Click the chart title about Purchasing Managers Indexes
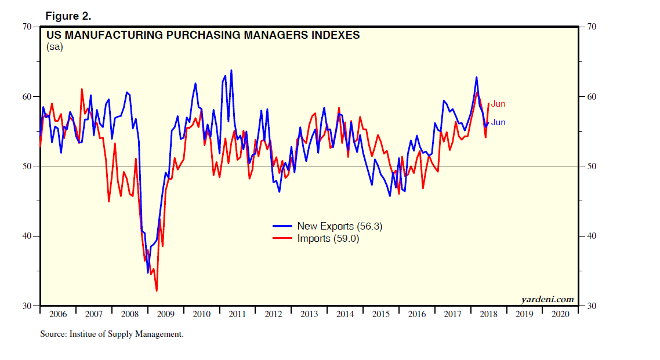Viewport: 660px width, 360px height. point(203,35)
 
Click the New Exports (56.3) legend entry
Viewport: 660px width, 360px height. point(339,226)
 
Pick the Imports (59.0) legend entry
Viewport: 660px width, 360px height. point(328,238)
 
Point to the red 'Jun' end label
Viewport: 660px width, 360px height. point(498,104)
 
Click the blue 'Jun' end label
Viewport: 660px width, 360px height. point(498,122)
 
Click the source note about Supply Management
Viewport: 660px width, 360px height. point(112,334)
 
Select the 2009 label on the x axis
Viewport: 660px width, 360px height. point(166,314)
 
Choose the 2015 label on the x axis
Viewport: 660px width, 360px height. point(380,314)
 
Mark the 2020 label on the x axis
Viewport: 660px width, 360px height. point(560,314)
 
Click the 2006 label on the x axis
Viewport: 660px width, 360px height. point(58,314)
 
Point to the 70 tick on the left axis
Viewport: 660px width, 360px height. point(28,27)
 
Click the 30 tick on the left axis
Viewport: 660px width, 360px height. point(28,306)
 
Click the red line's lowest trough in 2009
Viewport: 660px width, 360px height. point(157,291)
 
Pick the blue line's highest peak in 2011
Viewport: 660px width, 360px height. point(231,70)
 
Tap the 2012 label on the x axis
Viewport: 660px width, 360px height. point(273,314)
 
